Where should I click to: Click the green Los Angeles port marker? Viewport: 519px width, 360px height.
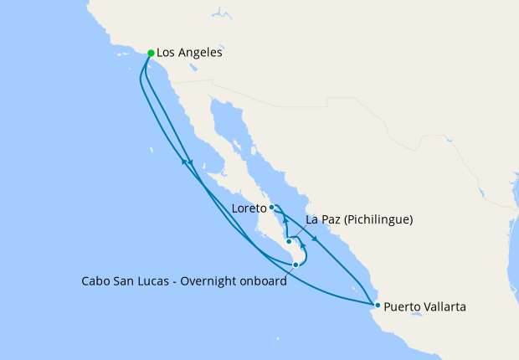coord(151,53)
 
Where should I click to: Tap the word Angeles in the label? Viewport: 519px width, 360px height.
coord(202,53)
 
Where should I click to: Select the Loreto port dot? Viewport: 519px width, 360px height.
coord(272,207)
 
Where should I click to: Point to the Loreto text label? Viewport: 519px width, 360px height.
coord(250,207)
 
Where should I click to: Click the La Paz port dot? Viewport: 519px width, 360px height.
coord(289,241)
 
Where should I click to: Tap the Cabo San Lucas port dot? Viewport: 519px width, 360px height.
coord(295,265)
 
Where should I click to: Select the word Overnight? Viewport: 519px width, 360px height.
coord(226,281)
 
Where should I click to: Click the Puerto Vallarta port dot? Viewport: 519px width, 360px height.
coord(378,305)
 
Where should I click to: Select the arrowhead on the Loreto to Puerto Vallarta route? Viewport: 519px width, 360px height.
coord(315,239)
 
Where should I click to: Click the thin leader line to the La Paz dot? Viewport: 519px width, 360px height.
coord(297,232)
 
